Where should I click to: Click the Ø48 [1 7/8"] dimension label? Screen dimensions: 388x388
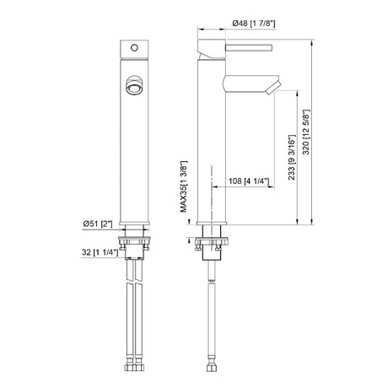click(254, 23)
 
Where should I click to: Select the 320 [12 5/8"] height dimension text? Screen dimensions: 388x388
click(306, 132)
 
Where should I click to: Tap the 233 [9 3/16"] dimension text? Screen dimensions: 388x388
click(292, 158)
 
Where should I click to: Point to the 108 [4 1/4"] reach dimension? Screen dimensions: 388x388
click(249, 181)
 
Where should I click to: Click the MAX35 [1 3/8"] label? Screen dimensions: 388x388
click(183, 186)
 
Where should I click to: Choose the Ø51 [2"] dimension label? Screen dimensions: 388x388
click(98, 224)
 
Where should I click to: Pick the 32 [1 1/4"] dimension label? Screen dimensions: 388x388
click(100, 252)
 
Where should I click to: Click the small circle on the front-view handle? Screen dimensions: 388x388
click(134, 48)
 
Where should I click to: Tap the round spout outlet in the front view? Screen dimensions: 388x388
click(134, 86)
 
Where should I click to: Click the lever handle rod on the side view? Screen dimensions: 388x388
click(249, 47)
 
